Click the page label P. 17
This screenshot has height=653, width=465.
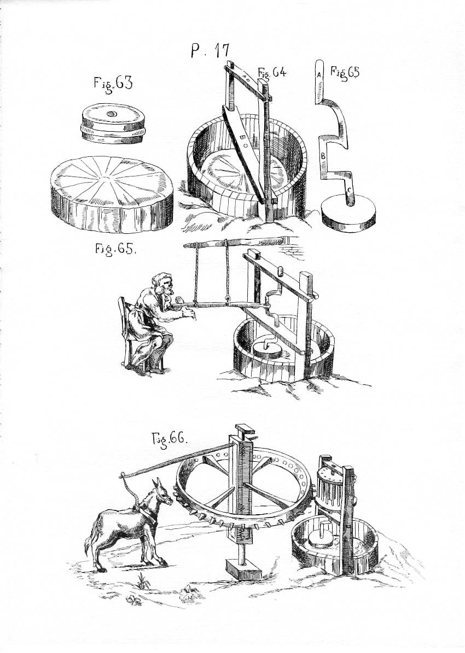210,51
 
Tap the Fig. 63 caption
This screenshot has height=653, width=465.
113,84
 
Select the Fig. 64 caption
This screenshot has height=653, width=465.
272,73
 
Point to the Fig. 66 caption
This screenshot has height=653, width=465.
170,439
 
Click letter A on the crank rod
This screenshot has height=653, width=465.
318,75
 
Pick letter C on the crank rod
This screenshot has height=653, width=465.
350,189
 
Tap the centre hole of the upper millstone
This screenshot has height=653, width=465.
111,114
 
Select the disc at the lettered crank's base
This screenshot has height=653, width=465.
351,214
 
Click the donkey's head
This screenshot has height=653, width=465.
162,491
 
